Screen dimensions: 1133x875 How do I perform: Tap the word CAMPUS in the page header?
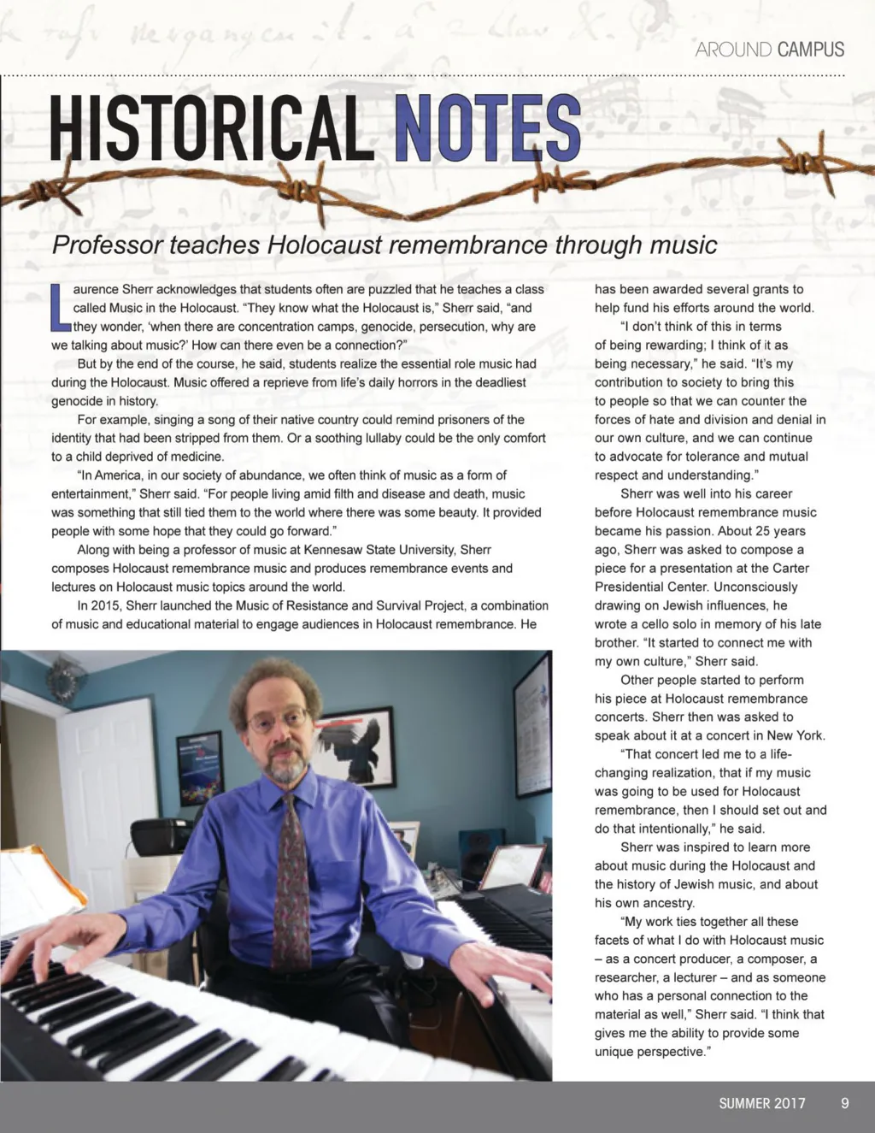coord(811,50)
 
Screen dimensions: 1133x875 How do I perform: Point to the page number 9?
coord(844,1103)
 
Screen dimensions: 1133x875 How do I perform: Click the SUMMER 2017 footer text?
coord(761,1103)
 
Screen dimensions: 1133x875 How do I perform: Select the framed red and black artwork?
coord(353,746)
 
